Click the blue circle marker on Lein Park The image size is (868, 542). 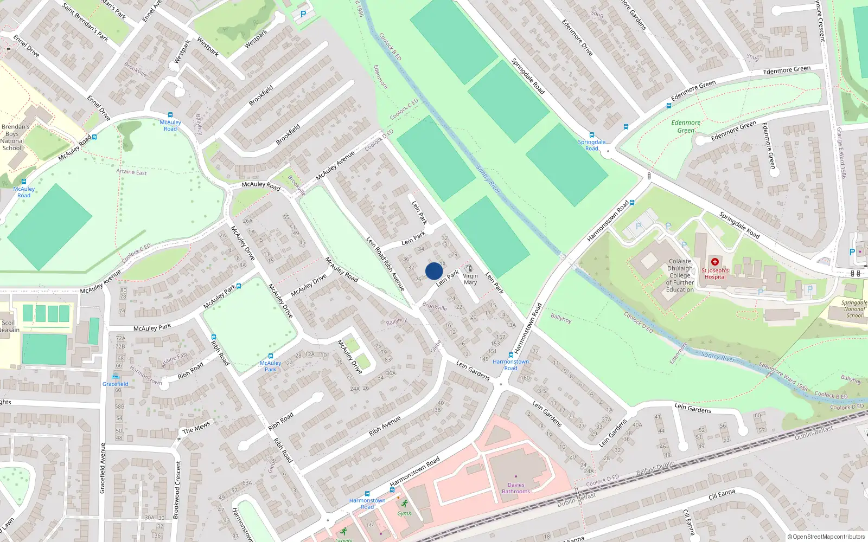pos(434,271)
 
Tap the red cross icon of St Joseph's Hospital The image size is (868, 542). pos(714,262)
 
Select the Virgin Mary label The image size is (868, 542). pos(470,279)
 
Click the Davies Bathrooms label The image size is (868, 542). pos(515,488)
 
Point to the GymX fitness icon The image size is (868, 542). pos(403,504)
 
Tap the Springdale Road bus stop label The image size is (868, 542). pos(591,145)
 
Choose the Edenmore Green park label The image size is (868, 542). pos(686,126)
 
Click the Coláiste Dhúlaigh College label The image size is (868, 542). pos(680,275)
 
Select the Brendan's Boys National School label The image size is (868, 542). pos(15,137)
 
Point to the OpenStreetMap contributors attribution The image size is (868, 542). pos(826,537)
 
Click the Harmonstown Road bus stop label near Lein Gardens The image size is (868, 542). pos(510,365)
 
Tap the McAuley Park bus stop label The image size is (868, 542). pos(270,366)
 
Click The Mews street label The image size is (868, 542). pos(196,428)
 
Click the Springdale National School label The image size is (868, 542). pos(854,309)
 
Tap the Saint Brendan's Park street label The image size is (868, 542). pos(85,23)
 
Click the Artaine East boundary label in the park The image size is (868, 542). pos(131,172)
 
